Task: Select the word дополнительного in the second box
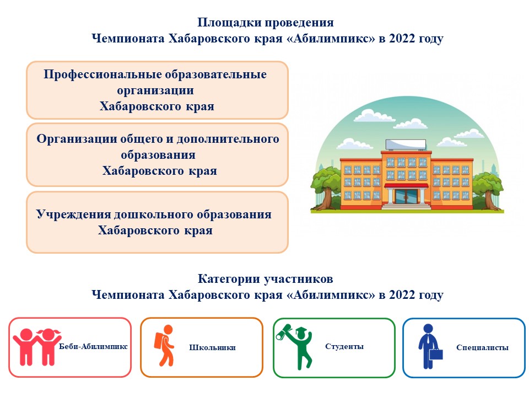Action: pyautogui.click(x=228, y=139)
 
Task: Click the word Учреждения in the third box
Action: pyautogui.click(x=73, y=214)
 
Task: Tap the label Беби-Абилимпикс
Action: pyautogui.click(x=94, y=346)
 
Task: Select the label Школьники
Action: pyautogui.click(x=212, y=347)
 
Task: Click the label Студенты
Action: pyautogui.click(x=344, y=346)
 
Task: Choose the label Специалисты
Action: pyautogui.click(x=483, y=347)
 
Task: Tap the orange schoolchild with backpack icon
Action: pyautogui.click(x=165, y=345)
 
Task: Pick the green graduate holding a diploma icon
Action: pyautogui.click(x=294, y=347)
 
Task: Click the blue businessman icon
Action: pyautogui.click(x=428, y=346)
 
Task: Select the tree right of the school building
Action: pyautogui.click(x=488, y=190)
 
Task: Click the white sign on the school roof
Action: pyautogui.click(x=406, y=144)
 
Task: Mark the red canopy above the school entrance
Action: pyautogui.click(x=407, y=185)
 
